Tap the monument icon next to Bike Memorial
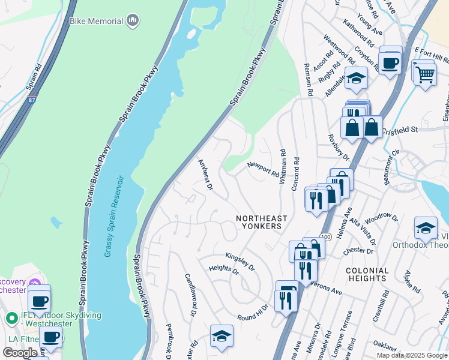click(133, 22)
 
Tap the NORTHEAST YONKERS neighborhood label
click(261, 223)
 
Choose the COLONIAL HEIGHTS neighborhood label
click(367, 274)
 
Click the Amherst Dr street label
click(206, 175)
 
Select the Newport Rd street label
click(264, 169)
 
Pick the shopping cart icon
click(425, 74)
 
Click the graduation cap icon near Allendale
click(356, 79)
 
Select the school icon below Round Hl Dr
click(221, 336)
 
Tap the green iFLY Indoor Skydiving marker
click(10, 317)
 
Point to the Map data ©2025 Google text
click(411, 355)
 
